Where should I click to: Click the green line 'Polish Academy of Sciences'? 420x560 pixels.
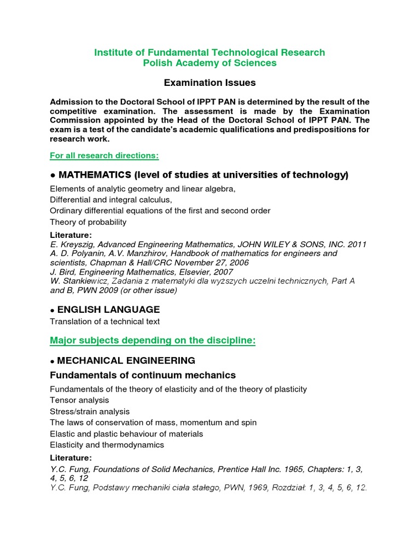tap(210, 63)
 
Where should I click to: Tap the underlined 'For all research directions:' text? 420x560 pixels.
tap(104, 156)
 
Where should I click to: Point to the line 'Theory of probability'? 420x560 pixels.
tap(88, 222)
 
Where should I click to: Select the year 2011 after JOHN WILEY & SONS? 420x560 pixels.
tap(357, 244)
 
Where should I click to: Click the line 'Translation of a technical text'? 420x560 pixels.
tap(104, 322)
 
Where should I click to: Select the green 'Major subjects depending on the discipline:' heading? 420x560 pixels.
tap(153, 341)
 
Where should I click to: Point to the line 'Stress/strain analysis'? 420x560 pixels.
tap(90, 411)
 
